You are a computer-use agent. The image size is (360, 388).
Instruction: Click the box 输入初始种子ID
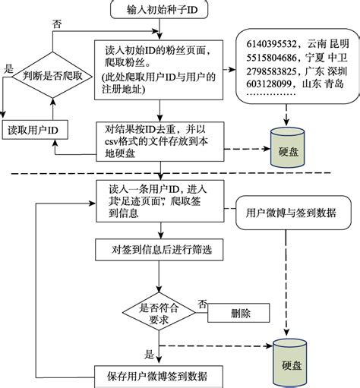click(x=160, y=10)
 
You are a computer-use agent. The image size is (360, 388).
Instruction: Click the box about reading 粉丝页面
click(x=160, y=70)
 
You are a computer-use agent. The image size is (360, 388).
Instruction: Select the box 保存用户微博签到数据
click(x=160, y=375)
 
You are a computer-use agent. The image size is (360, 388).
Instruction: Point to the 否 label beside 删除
click(x=203, y=304)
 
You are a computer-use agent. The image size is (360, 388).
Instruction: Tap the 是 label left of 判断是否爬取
click(x=9, y=68)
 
